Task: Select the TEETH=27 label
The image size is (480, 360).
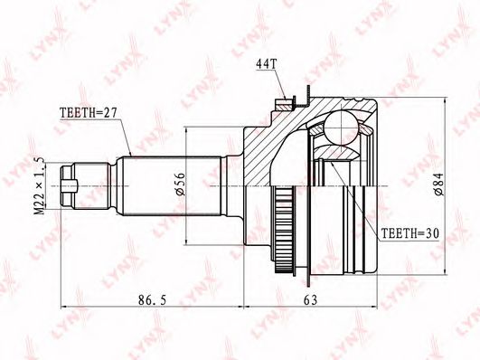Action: click(89, 113)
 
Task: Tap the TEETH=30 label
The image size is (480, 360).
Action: click(409, 233)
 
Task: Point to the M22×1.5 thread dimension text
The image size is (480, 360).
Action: click(39, 186)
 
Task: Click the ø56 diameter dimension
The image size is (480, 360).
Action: click(181, 185)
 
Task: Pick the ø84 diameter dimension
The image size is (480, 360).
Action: click(438, 185)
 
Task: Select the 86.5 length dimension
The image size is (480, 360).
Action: click(153, 300)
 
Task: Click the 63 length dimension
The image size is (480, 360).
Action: click(310, 300)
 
